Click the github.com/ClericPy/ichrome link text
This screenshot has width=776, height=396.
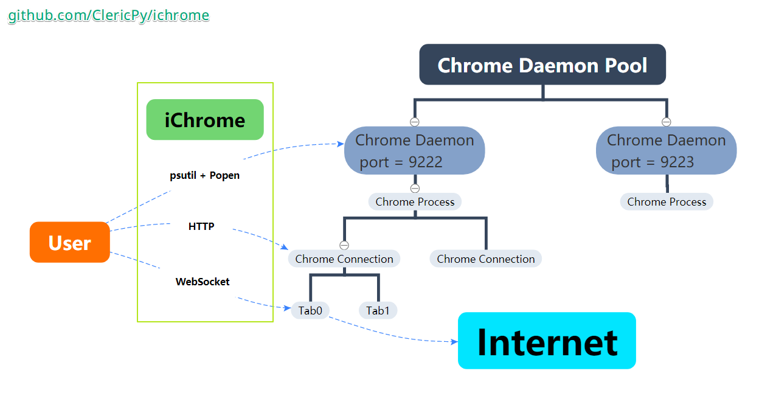[108, 16]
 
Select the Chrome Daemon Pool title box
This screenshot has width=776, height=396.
[542, 64]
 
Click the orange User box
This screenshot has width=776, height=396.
[70, 243]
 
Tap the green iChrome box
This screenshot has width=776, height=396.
[205, 120]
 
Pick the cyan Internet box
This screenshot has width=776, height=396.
[547, 341]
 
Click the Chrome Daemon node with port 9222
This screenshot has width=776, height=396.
[414, 150]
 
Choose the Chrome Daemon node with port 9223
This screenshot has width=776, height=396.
[666, 150]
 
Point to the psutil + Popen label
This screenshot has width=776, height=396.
[204, 175]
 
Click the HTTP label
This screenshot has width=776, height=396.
[201, 226]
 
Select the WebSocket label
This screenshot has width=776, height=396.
[203, 282]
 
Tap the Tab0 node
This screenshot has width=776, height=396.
[310, 311]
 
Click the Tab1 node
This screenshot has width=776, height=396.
[378, 311]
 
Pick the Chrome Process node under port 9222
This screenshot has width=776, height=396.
[415, 202]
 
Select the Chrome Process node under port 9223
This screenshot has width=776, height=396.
[667, 202]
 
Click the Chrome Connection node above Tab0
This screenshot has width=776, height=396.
[344, 259]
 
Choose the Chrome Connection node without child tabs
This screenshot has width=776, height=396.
[485, 259]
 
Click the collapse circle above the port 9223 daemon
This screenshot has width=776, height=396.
[666, 122]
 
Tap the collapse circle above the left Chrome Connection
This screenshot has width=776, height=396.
[344, 246]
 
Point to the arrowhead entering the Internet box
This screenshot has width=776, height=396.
[454, 342]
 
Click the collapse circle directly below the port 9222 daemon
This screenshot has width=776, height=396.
[415, 189]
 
